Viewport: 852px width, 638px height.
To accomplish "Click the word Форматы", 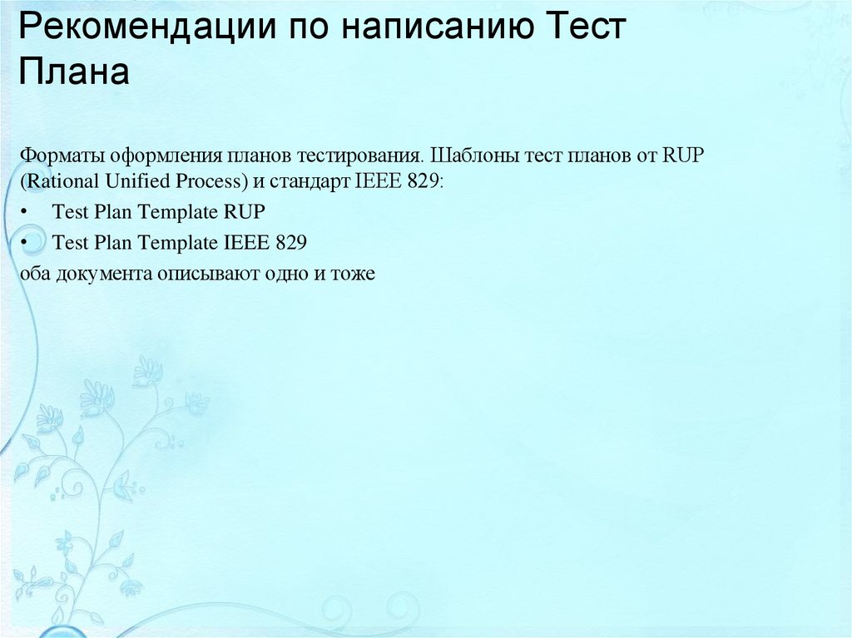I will point(56,156).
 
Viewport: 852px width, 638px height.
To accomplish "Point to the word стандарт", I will point(300,181).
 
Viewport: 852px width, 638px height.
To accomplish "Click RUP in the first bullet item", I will point(243,212).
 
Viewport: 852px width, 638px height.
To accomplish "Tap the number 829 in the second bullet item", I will point(291,243).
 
